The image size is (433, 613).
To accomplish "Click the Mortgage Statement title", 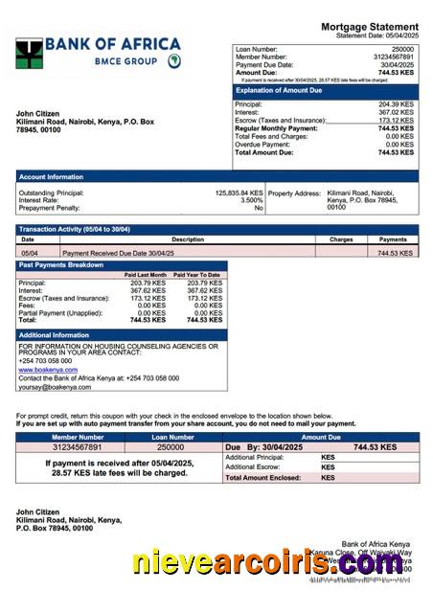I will coord(369,26).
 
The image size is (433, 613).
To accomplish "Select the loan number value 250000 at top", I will coord(403,49).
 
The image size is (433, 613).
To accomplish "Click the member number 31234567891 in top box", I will coord(394,57).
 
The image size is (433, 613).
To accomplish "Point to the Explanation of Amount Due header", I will coord(280,90).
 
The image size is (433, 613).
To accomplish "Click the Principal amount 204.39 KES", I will coord(396,104).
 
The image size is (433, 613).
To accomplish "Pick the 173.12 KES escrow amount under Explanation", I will coord(396,121).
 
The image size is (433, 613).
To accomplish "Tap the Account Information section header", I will coord(52,176).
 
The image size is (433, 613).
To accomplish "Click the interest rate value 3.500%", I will coord(252,200).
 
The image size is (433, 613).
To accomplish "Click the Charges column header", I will coord(341,239).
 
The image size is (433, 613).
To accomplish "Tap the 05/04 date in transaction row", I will coord(29,253).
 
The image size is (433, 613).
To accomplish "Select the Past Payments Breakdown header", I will coord(61,264).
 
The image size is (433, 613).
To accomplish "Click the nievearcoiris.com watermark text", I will coord(267,566).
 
